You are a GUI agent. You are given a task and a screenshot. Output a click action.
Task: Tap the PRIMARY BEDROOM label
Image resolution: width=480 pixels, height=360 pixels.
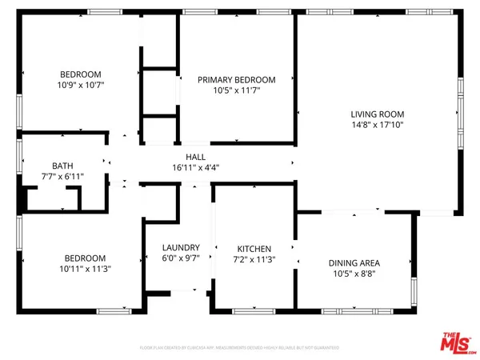point(237,80)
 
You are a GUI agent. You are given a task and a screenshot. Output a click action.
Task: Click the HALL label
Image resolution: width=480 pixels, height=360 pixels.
point(196,157)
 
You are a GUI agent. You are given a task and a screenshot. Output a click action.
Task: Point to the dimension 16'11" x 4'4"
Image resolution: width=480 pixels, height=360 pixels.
point(196,168)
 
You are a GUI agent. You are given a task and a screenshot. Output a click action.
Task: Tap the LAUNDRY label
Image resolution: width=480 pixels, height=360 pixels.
point(175,248)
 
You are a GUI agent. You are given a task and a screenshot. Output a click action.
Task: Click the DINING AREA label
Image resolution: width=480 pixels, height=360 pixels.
point(354,263)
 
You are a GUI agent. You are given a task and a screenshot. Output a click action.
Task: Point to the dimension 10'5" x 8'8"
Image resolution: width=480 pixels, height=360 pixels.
point(354,274)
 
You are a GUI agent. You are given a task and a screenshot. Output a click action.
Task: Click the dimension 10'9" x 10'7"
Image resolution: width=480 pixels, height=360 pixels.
point(82,84)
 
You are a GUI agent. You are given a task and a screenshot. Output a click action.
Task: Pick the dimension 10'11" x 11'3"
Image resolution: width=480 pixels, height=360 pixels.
point(85,269)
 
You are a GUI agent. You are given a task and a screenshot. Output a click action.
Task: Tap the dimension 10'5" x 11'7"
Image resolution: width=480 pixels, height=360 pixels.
point(237,91)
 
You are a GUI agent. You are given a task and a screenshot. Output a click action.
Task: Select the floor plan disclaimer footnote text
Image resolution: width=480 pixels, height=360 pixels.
point(239,348)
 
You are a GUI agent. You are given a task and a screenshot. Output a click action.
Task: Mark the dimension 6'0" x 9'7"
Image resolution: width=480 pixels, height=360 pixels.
point(175,259)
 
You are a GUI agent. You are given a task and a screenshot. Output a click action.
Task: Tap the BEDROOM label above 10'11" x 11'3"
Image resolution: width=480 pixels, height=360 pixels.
point(85,258)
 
